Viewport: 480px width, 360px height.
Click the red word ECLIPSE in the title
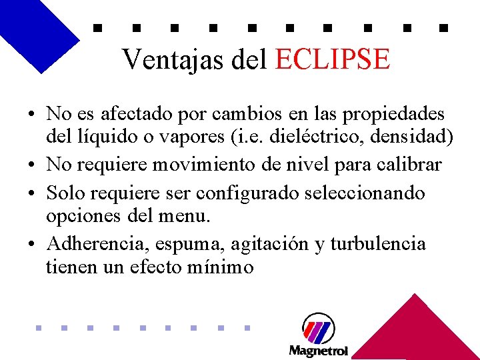coord(331,59)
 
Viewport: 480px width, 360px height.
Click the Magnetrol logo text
coord(318,350)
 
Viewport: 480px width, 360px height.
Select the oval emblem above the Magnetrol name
coord(318,328)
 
